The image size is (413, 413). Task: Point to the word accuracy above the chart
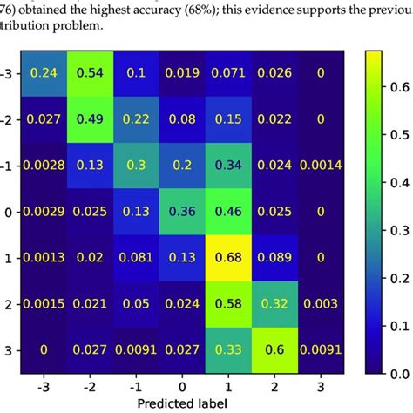139,9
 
